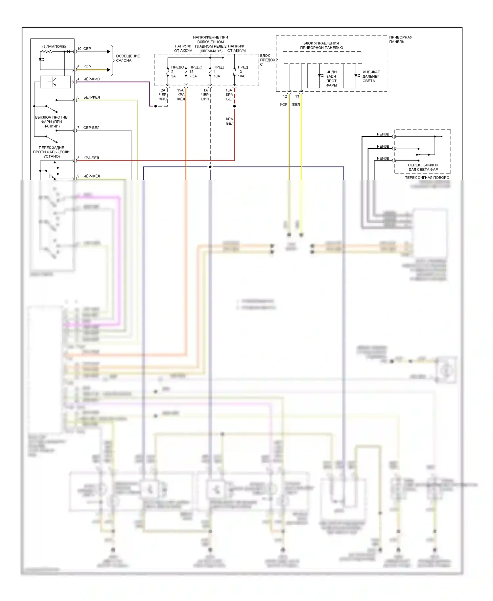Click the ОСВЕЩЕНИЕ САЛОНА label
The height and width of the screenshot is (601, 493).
(128, 58)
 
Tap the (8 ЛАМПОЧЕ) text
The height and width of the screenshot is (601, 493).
(54, 46)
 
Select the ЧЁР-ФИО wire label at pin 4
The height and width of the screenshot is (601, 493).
(92, 79)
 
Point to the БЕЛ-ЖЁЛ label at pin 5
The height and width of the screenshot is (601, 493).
(91, 97)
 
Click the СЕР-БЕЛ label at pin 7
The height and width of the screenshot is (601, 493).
(91, 128)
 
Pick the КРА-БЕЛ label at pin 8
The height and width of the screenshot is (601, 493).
(91, 158)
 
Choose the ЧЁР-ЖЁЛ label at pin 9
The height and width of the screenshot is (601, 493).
(91, 176)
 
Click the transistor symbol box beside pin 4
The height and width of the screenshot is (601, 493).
(55, 82)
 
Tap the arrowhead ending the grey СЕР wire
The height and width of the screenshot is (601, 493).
(109, 52)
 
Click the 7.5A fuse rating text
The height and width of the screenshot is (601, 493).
(193, 76)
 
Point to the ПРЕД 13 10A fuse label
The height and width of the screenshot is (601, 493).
(243, 71)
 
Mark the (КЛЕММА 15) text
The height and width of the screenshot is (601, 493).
(211, 51)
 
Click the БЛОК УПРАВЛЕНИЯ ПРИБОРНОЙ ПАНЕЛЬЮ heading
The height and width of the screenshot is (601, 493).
(321, 45)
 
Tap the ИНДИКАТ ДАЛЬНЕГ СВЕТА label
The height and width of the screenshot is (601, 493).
(371, 76)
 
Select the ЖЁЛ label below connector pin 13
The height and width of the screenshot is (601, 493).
(296, 105)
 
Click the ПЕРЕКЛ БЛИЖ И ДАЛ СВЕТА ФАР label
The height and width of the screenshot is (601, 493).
(423, 167)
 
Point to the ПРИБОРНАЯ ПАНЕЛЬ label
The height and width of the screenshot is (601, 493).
(400, 39)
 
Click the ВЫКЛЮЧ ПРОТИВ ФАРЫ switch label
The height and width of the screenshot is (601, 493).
(51, 122)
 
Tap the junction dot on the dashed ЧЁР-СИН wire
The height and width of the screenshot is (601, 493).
(210, 167)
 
